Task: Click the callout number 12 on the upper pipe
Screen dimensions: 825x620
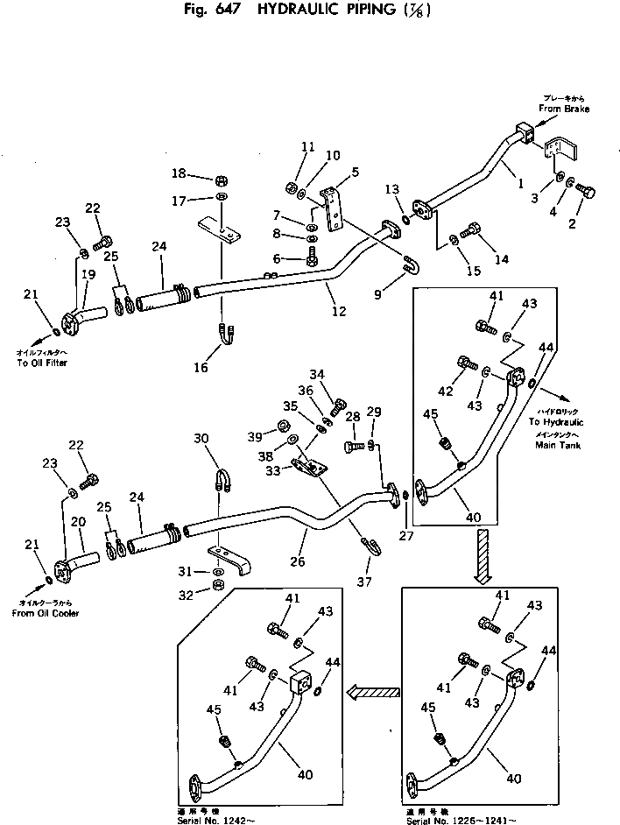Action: pyautogui.click(x=340, y=311)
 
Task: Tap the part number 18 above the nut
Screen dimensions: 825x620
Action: pyautogui.click(x=179, y=173)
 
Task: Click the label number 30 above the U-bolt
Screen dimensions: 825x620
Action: pyautogui.click(x=201, y=439)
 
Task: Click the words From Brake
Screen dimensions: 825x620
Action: pyautogui.click(x=564, y=109)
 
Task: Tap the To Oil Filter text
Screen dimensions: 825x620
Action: pyautogui.click(x=42, y=363)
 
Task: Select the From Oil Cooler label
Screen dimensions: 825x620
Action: pyautogui.click(x=46, y=613)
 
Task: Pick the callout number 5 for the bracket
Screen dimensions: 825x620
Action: pyautogui.click(x=355, y=172)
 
